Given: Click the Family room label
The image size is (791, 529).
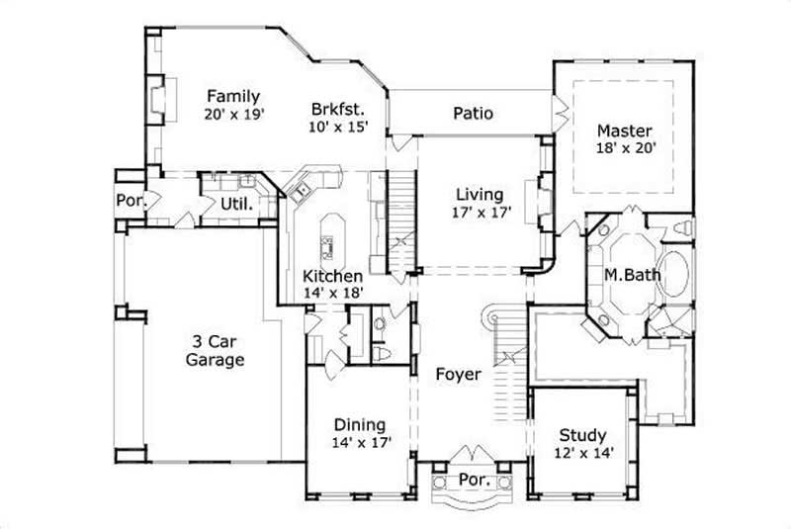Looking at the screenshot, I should (x=233, y=96).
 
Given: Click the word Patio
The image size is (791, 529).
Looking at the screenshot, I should (x=473, y=113).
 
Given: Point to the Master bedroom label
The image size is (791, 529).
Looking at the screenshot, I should (x=624, y=131).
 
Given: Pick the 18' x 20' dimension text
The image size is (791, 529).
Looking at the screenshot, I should (x=624, y=148).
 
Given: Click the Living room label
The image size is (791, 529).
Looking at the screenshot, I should (x=479, y=194).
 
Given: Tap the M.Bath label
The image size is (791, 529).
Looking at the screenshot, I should (x=624, y=272).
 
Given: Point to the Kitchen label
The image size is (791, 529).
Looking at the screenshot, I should (x=332, y=276).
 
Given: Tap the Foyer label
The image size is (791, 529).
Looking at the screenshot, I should (x=458, y=375).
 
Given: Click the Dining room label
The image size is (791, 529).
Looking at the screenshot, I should (x=358, y=425).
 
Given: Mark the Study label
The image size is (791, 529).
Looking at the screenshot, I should (x=583, y=435).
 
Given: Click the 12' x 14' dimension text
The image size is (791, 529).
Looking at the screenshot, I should (x=583, y=453).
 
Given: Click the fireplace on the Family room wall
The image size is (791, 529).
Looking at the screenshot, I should (x=157, y=98).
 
